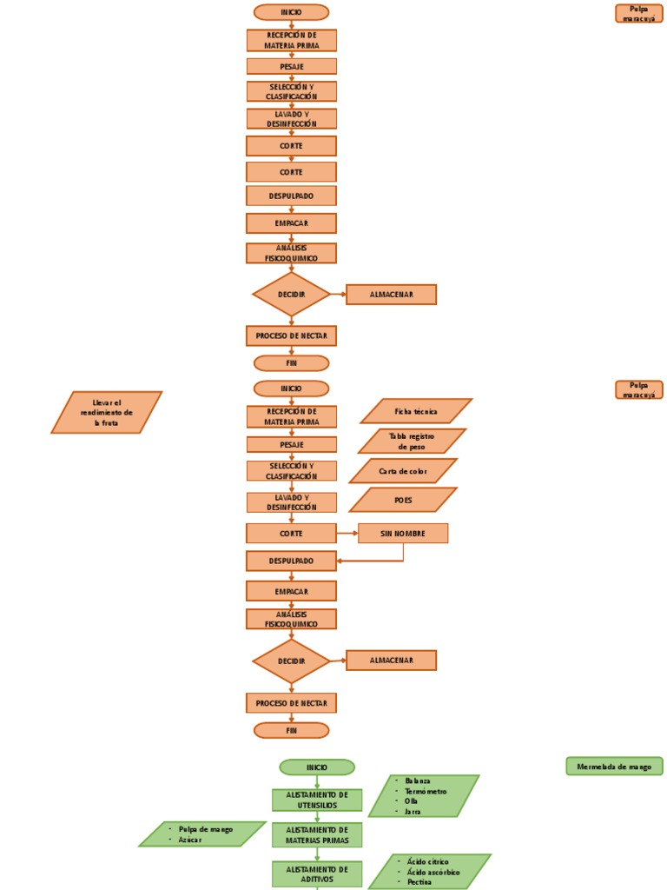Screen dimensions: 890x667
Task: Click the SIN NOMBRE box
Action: (403, 534)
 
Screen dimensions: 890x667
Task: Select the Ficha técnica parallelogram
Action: (416, 411)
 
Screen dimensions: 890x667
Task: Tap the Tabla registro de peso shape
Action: (412, 441)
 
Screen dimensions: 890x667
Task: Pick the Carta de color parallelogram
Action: (403, 471)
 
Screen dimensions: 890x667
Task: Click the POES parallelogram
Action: (403, 500)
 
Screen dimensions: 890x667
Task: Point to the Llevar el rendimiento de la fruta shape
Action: (107, 412)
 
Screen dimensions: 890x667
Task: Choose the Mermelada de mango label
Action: (614, 767)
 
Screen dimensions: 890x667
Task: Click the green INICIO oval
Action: (317, 767)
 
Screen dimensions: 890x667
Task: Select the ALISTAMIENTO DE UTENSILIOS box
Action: (317, 800)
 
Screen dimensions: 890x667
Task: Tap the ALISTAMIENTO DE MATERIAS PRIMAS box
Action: (317, 834)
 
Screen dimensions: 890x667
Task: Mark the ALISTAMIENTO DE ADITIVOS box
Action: (317, 873)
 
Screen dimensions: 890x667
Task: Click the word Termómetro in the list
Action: (426, 791)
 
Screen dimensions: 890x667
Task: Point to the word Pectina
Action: (419, 881)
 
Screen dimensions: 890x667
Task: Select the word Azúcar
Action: (190, 840)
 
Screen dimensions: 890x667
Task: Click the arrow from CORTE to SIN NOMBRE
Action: (347, 534)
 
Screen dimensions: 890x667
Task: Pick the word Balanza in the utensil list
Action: (418, 780)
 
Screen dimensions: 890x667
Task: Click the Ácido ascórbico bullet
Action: (433, 871)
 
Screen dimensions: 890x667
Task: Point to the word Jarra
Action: (413, 811)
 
